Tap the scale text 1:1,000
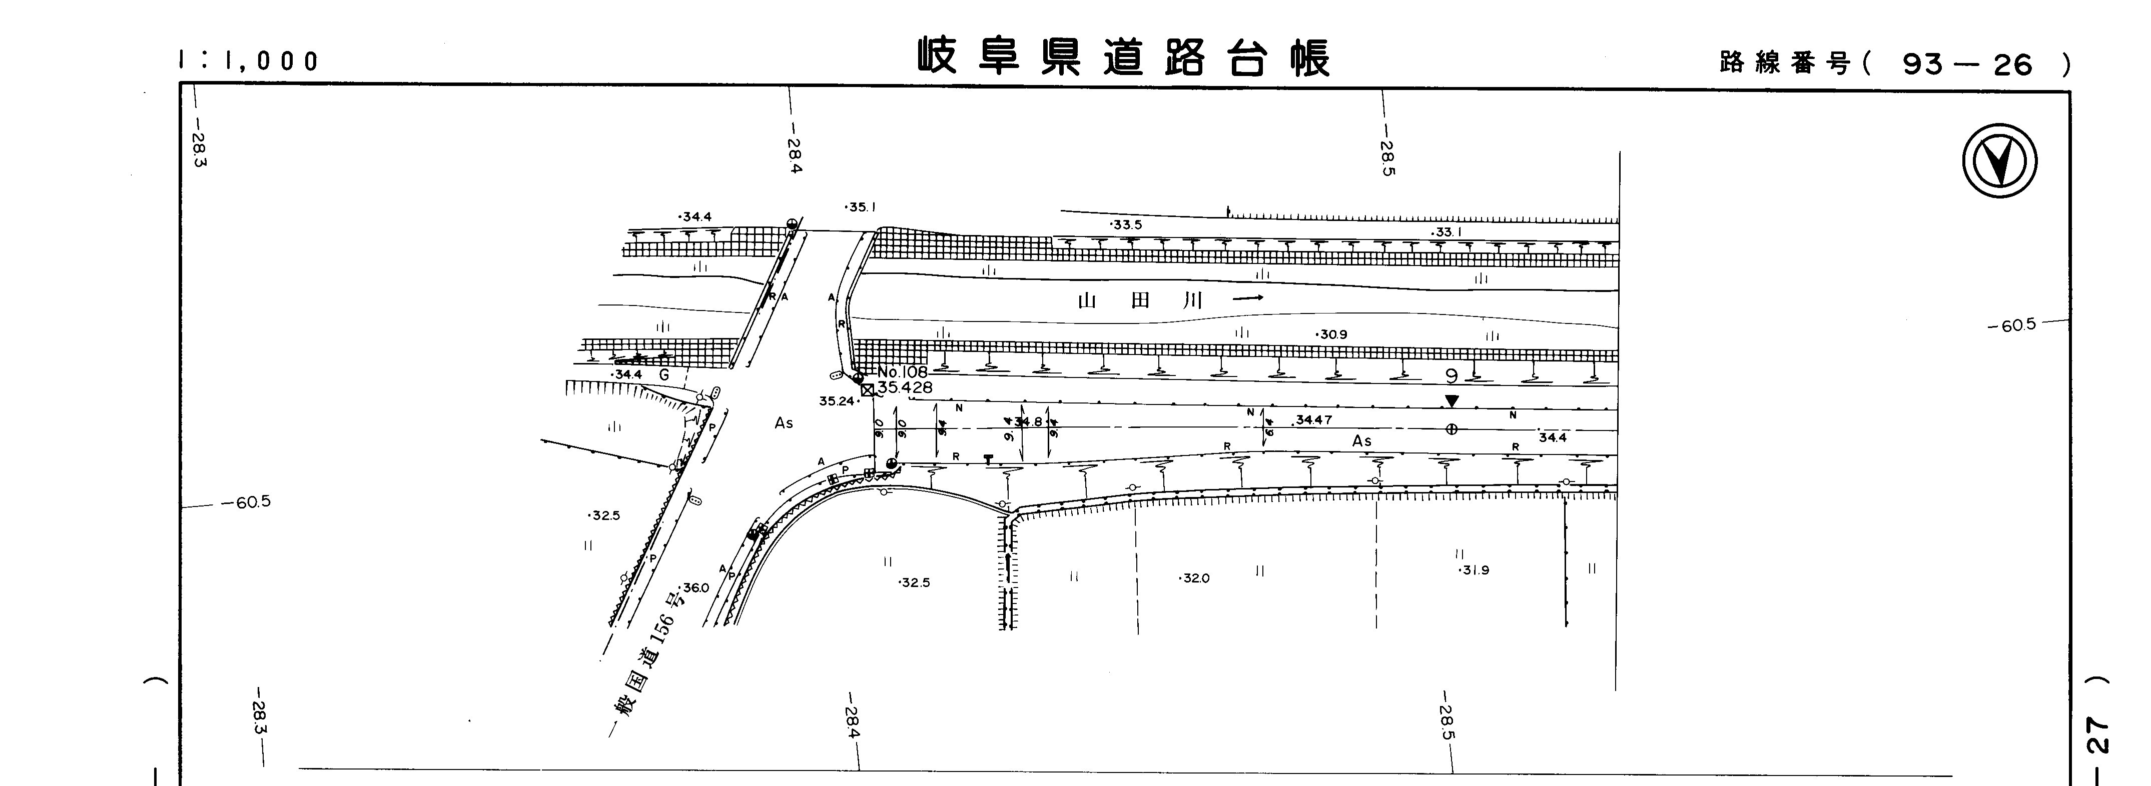click(249, 61)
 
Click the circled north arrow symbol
click(1999, 161)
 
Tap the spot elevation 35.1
click(861, 207)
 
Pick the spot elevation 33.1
click(1447, 232)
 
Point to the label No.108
click(902, 372)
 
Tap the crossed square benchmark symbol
click(867, 389)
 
